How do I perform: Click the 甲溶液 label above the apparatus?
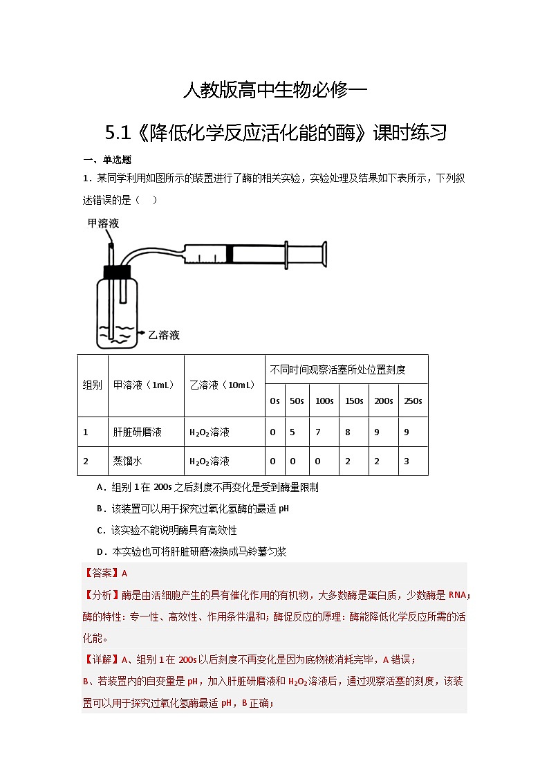[x=103, y=223]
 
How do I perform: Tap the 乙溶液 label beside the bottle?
[x=164, y=335]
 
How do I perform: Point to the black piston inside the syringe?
[x=230, y=254]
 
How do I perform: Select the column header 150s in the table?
[x=353, y=401]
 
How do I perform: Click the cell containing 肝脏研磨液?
[x=137, y=432]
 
